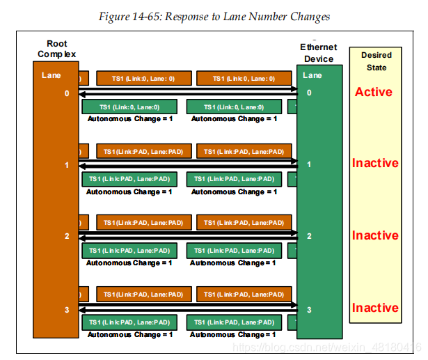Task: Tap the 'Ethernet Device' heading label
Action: pos(319,53)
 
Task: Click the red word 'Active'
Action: pos(374,92)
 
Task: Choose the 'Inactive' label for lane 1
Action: pos(375,164)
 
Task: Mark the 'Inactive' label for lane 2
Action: pos(375,236)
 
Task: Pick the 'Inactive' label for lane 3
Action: pos(375,308)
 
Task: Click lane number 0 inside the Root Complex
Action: pos(67,93)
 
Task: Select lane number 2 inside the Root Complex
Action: pos(67,236)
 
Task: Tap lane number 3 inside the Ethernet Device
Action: pos(309,308)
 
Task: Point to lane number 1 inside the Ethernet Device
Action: pos(309,164)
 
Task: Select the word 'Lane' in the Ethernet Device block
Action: pos(313,75)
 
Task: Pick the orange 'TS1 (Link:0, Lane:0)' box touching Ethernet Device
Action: pos(243,79)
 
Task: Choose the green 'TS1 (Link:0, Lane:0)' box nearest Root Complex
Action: pos(129,107)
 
